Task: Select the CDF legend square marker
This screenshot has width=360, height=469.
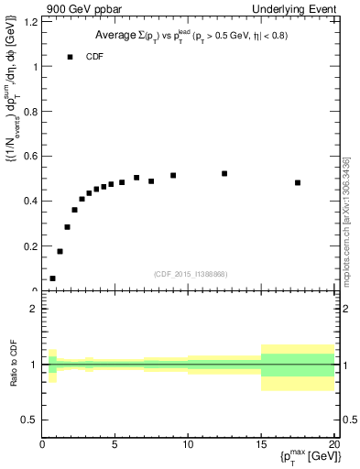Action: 70,57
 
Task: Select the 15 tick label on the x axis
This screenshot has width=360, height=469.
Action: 261,445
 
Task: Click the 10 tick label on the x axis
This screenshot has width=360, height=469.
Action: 188,445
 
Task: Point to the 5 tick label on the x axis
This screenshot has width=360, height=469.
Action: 115,445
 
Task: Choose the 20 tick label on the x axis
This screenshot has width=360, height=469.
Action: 333,445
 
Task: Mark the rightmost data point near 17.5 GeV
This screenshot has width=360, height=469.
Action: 298,182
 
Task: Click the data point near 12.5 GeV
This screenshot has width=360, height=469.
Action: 224,173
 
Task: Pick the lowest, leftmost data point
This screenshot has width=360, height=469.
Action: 52,278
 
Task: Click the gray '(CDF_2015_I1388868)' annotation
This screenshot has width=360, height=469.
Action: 190,274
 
